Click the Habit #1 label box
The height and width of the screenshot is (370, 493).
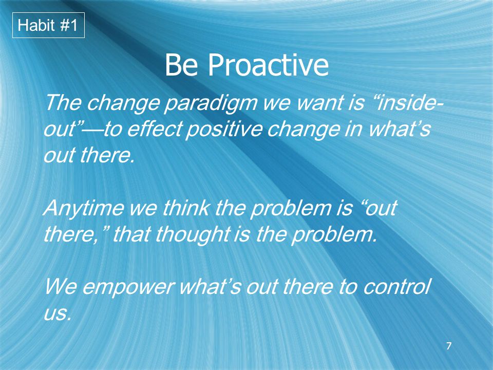point(48,25)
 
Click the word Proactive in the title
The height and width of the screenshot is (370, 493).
point(268,65)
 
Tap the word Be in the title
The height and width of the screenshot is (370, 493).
point(181,65)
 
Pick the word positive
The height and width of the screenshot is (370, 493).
point(224,130)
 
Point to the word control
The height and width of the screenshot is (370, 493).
point(396,287)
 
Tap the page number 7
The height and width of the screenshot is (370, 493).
point(449,345)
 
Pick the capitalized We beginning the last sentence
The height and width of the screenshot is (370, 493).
point(61,287)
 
